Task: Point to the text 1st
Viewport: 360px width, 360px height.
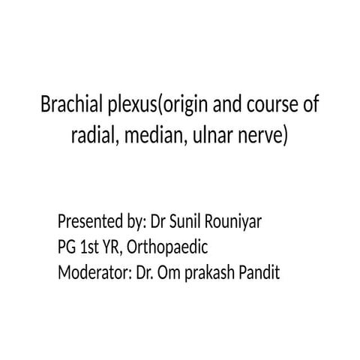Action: pyautogui.click(x=93, y=247)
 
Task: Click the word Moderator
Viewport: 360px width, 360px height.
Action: pyautogui.click(x=94, y=271)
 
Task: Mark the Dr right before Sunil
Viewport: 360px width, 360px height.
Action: pyautogui.click(x=160, y=223)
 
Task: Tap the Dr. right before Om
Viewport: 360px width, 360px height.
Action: pyautogui.click(x=147, y=271)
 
